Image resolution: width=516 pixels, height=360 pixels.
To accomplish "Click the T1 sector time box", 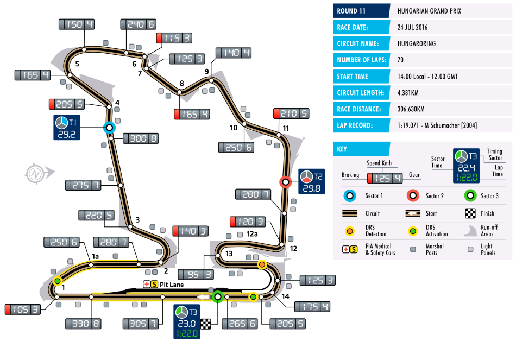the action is [66, 128].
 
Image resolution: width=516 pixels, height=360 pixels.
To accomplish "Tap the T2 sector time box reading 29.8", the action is [311, 181].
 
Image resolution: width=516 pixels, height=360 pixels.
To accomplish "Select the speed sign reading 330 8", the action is [83, 324].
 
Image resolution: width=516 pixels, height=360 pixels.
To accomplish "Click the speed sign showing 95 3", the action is [196, 274].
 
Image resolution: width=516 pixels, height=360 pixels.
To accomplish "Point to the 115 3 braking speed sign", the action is [174, 38].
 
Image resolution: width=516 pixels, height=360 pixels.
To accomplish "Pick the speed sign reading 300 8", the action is [141, 138].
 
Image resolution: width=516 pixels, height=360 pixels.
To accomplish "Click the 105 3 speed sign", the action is [23, 310].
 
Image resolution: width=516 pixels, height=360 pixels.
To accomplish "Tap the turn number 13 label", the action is [229, 254].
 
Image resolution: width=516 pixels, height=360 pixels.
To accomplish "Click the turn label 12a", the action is [252, 234].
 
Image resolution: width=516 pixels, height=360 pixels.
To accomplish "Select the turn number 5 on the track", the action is [77, 64].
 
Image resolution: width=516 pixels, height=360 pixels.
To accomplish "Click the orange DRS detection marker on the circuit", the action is [262, 264].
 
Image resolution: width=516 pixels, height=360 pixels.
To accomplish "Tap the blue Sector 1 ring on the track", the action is [109, 128].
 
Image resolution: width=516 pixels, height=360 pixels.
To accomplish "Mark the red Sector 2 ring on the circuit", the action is [285, 182].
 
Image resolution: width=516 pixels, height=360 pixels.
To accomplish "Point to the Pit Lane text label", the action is [172, 285].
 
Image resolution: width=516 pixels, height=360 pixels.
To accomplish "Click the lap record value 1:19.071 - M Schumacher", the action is [437, 125].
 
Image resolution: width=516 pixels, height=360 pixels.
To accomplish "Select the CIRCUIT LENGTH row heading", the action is [360, 93].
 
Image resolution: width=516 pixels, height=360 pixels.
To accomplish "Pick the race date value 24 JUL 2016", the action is [412, 27].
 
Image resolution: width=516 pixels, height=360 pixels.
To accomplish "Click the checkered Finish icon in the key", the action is [470, 213].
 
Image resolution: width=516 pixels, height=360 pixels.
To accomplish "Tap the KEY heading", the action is [342, 149].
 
